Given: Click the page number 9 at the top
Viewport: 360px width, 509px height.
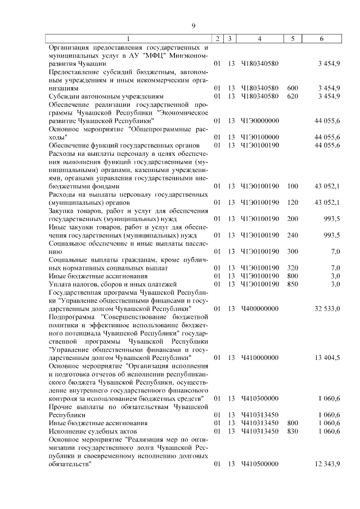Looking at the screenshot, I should [x=193, y=26].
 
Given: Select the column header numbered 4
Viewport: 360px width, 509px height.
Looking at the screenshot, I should [x=259, y=38].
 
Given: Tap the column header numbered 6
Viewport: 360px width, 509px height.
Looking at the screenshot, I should [x=321, y=38].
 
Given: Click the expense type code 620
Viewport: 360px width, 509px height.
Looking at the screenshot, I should [x=292, y=96].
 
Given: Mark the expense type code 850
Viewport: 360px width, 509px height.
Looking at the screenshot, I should [x=292, y=284].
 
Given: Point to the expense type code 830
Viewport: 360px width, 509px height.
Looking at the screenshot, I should [x=292, y=431].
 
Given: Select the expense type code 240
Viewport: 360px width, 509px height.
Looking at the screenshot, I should [x=292, y=235].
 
